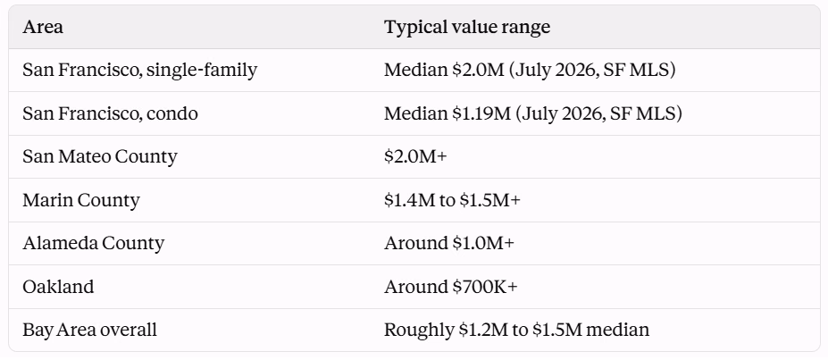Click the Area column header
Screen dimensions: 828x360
[43, 27]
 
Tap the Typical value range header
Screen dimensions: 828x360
[467, 27]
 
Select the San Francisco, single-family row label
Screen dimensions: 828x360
[140, 71]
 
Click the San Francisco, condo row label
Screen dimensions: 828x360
[111, 113]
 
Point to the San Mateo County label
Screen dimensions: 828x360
[100, 157]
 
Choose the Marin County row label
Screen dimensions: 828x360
[81, 200]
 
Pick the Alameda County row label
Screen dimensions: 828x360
[94, 243]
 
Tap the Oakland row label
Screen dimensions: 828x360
[58, 287]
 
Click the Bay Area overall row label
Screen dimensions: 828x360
[90, 330]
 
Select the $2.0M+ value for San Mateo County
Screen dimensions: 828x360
[415, 157]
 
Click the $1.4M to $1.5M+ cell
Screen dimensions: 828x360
[452, 200]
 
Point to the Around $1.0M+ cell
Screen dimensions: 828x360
[449, 243]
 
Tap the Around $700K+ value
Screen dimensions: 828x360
[451, 287]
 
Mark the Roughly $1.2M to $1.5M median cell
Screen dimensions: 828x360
[516, 330]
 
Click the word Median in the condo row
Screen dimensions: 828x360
[415, 113]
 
